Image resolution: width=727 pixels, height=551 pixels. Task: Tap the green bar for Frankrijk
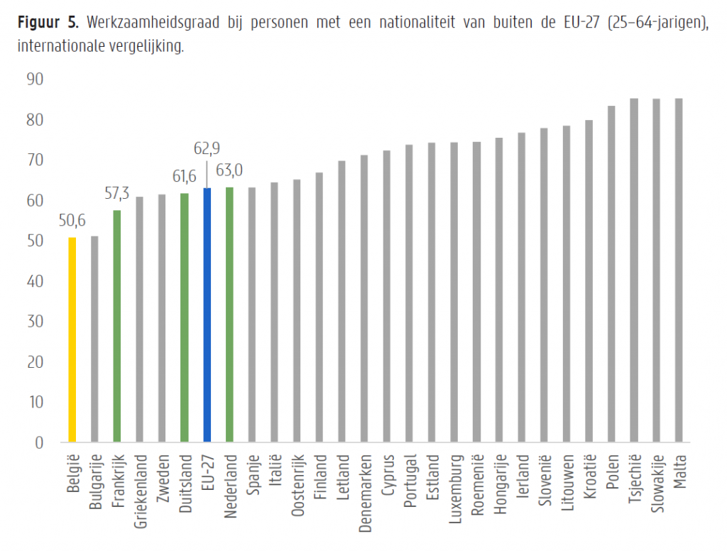pos(117,326)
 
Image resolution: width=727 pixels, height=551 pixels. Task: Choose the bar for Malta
pos(679,271)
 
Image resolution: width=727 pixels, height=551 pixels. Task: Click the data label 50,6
pos(72,222)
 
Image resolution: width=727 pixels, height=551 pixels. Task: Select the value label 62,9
pos(207,149)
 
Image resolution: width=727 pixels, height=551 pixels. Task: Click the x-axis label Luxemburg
pos(454,484)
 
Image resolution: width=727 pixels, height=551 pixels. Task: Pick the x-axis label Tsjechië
pos(634,477)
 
